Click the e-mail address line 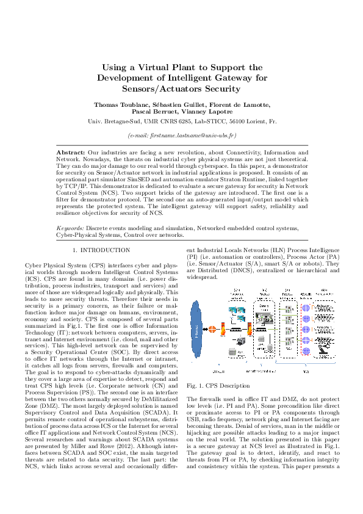(181, 134)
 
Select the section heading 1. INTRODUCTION (101, 250)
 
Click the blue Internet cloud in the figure (199, 330)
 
